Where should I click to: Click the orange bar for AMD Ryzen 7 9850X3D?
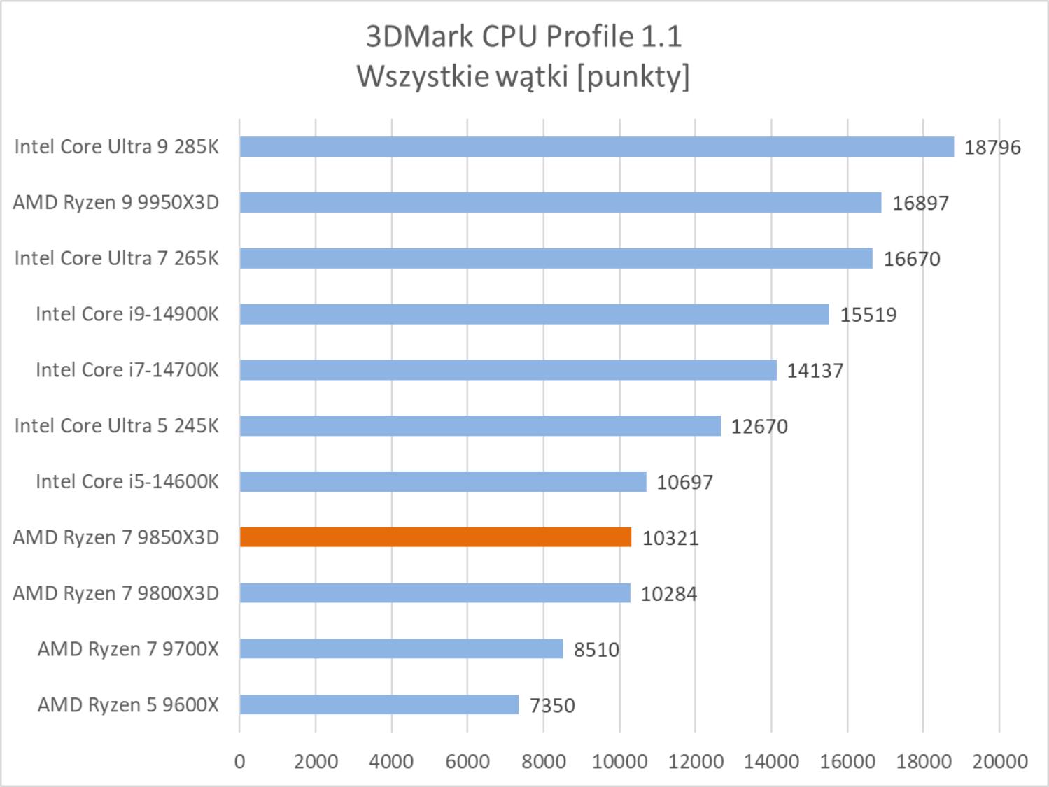435,537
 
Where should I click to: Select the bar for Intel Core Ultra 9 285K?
596,147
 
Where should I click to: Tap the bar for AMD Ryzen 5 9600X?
379,704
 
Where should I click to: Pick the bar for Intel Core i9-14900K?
534,314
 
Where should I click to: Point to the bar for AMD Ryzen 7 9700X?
401,649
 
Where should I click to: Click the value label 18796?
992,148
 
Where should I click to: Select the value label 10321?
670,538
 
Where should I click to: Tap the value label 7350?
552,705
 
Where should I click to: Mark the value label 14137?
815,371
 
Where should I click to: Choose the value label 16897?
920,204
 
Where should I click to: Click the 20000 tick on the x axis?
999,761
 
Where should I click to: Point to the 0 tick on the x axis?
240,761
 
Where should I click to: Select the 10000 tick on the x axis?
619,761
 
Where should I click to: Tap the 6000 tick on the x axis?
467,761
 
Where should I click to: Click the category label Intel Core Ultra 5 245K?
117,425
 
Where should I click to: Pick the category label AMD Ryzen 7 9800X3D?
116,593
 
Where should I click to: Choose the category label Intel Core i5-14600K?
127,481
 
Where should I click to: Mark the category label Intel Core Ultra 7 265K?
117,258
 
